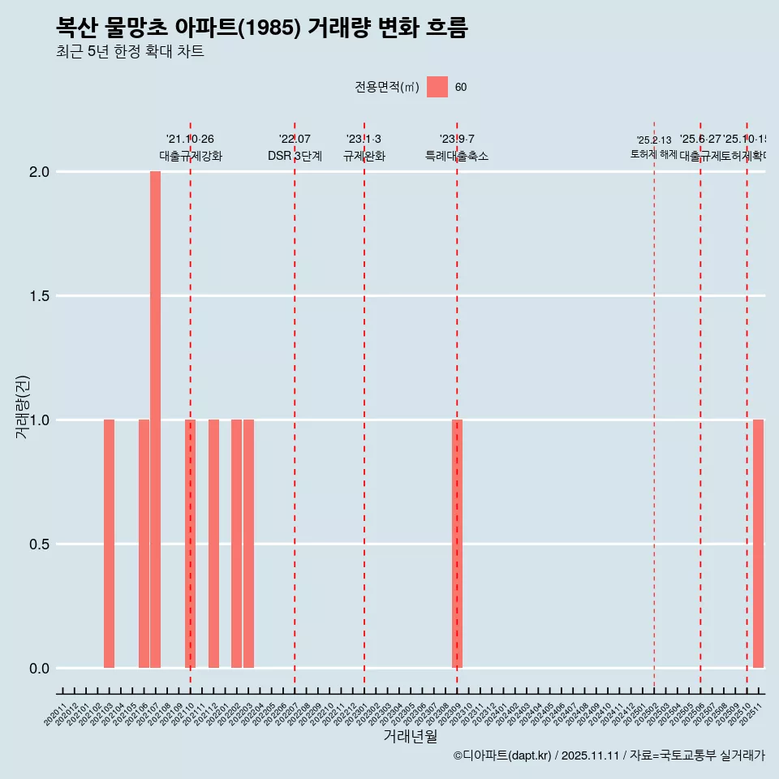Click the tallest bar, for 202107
coord(155,420)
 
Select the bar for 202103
coord(109,544)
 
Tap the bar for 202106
coord(144,544)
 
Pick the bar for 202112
coord(213,544)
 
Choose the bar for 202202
coord(237,544)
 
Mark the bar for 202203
coord(248,544)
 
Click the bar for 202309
coord(457,544)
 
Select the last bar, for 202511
coord(758,544)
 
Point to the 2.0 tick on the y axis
coord(40,172)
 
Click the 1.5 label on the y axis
coord(40,296)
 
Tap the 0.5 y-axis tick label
coord(40,544)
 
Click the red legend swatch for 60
coord(437,87)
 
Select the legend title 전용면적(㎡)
coord(387,88)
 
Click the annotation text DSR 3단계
coord(295,157)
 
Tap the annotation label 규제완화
coord(364,157)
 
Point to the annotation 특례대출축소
coord(457,157)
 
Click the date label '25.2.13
coord(654,140)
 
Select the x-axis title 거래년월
coord(410,737)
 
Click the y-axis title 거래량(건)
coord(22,407)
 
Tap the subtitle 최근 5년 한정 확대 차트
coord(130,52)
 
